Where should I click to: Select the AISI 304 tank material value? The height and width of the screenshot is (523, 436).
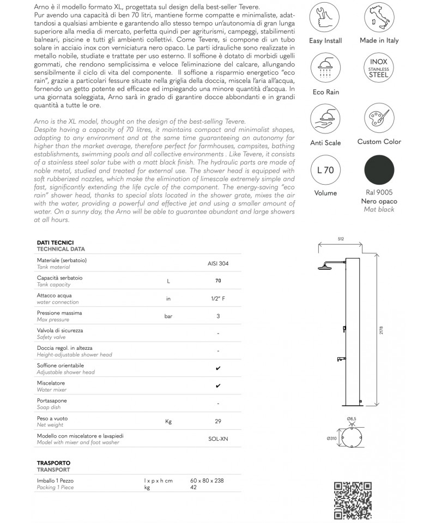coord(218,263)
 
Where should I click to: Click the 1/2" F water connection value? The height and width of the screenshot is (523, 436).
coord(218,299)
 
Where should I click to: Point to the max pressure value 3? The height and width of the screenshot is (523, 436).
coord(218,316)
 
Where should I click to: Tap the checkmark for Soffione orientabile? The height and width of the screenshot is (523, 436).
coord(218,368)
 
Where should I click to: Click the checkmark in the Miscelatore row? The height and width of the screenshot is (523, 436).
coord(218,386)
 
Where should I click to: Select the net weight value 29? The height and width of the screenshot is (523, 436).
coord(218,421)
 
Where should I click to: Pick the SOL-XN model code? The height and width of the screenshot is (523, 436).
coord(218,438)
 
